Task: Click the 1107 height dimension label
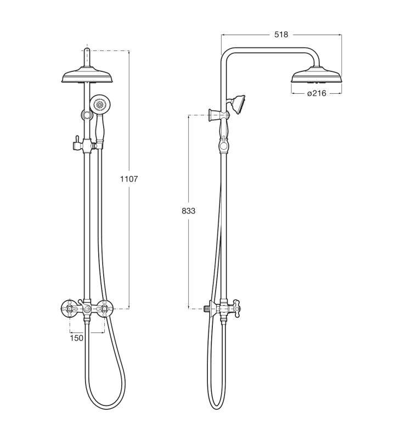pos(129,179)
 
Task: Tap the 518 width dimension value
pos(281,35)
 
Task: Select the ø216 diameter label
pos(317,93)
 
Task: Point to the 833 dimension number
pos(189,211)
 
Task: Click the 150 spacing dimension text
pos(76,338)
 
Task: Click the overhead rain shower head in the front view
pos(87,75)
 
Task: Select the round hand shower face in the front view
pos(100,104)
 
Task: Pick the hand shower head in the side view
pos(238,104)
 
